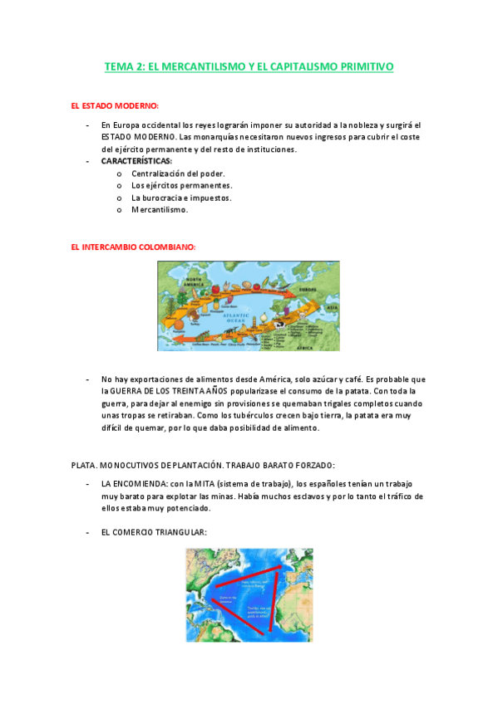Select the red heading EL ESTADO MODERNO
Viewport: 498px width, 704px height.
pyautogui.click(x=115, y=106)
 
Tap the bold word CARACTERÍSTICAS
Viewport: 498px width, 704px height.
pyautogui.click(x=137, y=160)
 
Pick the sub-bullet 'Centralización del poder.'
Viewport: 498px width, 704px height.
pyautogui.click(x=179, y=174)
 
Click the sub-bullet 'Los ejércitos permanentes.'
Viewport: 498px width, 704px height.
pyautogui.click(x=182, y=185)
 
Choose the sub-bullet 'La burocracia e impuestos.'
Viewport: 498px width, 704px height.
pyautogui.click(x=181, y=198)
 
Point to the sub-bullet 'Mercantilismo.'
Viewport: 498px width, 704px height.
pyautogui.click(x=160, y=209)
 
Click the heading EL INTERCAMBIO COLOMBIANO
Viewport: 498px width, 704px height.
pyautogui.click(x=134, y=247)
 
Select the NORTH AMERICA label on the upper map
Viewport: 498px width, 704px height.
pyautogui.click(x=190, y=282)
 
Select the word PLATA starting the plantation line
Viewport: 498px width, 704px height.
pyautogui.click(x=84, y=465)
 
